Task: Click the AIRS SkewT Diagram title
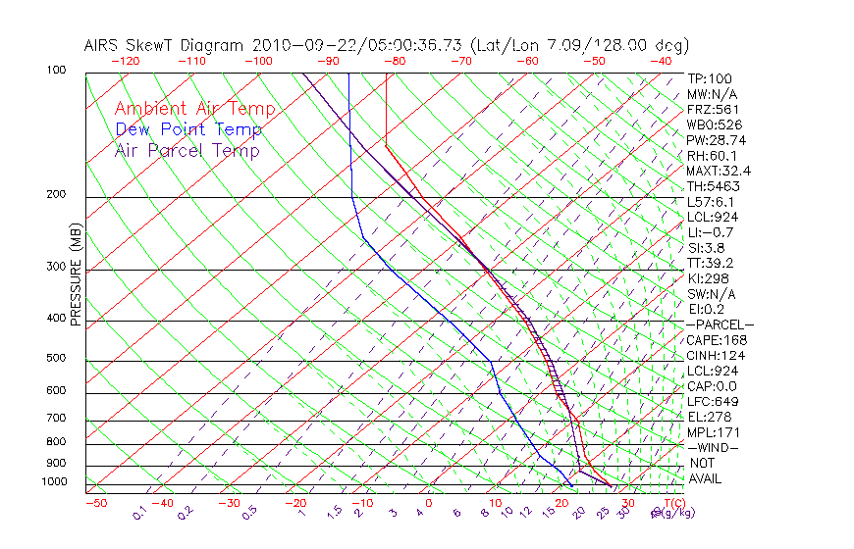387,45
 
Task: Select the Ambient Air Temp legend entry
194,109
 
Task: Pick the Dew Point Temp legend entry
188,129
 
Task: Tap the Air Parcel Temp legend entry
187,150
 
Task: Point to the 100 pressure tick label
56,71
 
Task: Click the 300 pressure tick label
56,267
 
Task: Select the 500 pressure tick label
56,358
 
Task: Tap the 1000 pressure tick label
53,482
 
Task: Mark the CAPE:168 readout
715,340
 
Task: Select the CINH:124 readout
715,355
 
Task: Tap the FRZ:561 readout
713,110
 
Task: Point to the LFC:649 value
712,402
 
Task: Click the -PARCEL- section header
720,324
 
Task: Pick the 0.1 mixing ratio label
139,512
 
